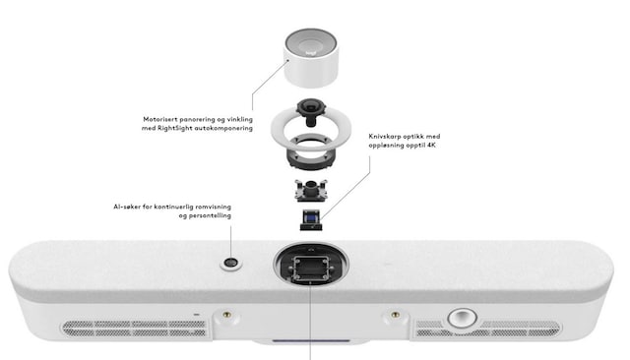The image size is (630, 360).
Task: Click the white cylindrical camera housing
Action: click(x=311, y=58)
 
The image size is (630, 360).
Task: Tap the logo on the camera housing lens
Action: click(x=310, y=52)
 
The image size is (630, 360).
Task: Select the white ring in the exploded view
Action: click(x=311, y=129)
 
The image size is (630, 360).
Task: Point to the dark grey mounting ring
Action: click(x=310, y=154)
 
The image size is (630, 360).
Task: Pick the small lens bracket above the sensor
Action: click(x=311, y=190)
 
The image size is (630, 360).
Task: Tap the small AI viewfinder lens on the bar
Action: click(x=231, y=263)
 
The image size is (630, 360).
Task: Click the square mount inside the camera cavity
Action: click(x=311, y=269)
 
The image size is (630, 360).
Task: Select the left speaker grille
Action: click(x=135, y=328)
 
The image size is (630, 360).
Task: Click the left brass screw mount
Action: click(x=227, y=316)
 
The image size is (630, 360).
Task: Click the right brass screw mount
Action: click(x=396, y=316)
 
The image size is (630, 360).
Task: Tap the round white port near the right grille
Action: click(x=463, y=318)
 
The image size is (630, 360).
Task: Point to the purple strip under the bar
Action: click(x=311, y=340)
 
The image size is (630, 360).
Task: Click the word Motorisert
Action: click(x=159, y=119)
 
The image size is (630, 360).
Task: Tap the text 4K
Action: click(x=431, y=146)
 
